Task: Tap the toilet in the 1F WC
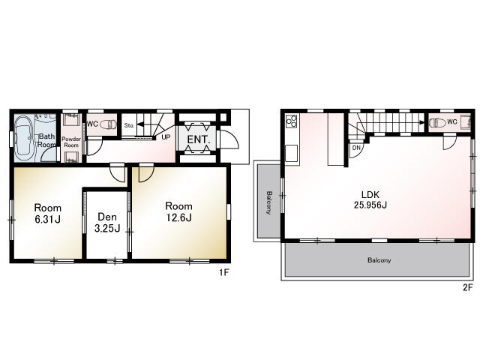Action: pyautogui.click(x=108, y=124)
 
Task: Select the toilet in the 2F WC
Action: pyautogui.click(x=437, y=123)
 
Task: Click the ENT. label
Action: pyautogui.click(x=198, y=139)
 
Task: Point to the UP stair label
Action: pyautogui.click(x=166, y=136)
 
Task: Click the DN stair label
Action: pyautogui.click(x=356, y=148)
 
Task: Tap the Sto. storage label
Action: pyautogui.click(x=129, y=125)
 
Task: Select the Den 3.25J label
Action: pyautogui.click(x=107, y=223)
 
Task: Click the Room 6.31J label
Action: pyautogui.click(x=48, y=213)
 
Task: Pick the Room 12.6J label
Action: pyautogui.click(x=178, y=211)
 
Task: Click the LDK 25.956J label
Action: pyautogui.click(x=370, y=199)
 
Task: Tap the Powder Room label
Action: pyautogui.click(x=71, y=142)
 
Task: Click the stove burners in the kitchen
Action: pyautogui.click(x=292, y=121)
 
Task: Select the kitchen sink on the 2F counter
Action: pyautogui.click(x=292, y=153)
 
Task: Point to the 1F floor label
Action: pyautogui.click(x=223, y=272)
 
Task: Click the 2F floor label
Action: pyautogui.click(x=468, y=287)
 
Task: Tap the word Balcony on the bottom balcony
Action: pyautogui.click(x=379, y=260)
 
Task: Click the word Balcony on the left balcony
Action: pyautogui.click(x=269, y=202)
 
